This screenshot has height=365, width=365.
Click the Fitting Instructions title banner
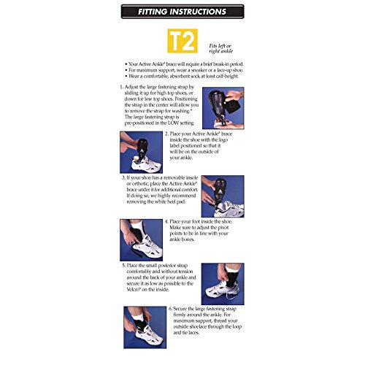pyautogui.click(x=182, y=12)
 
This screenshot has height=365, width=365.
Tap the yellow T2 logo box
pyautogui.click(x=183, y=40)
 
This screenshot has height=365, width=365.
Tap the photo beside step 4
pyautogui.click(x=139, y=239)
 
